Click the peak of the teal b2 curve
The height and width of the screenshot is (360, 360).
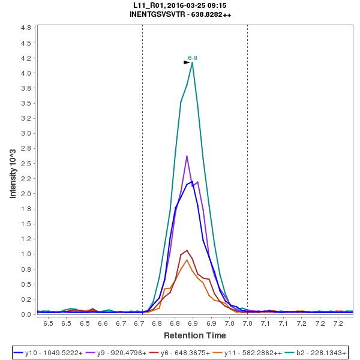pos(192,62)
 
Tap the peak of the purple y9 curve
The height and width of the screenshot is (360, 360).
pos(187,156)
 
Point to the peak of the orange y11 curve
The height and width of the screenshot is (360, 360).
pos(187,260)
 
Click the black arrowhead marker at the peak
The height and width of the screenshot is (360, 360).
pos(187,62)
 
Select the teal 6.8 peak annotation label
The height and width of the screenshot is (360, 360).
pos(193,58)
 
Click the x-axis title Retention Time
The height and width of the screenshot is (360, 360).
pos(195,335)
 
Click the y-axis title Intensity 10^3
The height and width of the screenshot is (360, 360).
pos(13,170)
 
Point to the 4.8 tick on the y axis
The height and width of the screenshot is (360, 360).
pos(26,28)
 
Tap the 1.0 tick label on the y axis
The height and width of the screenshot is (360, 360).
pos(26,254)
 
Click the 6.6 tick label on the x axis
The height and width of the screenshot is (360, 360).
pos(103,323)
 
